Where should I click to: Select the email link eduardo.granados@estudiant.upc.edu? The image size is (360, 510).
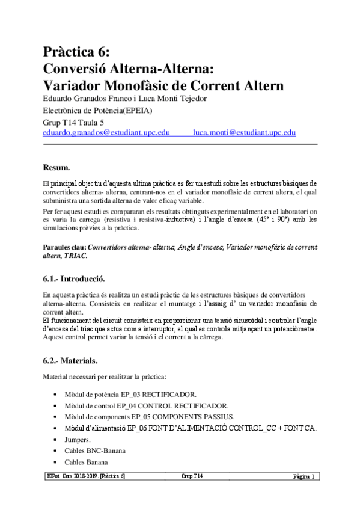point(106,133)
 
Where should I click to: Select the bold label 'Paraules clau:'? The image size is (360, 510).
point(65,247)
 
